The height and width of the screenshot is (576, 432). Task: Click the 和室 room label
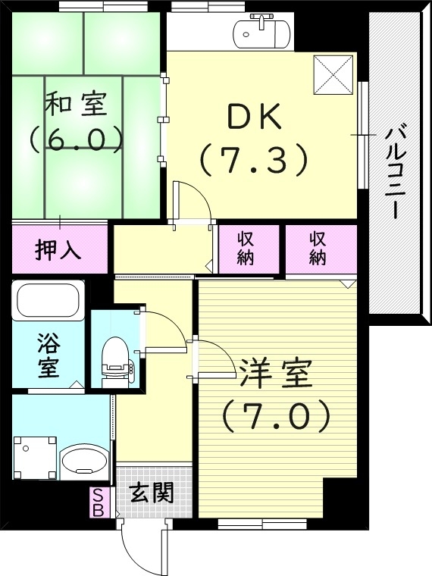(x=76, y=105)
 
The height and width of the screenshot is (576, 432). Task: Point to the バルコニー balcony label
(x=394, y=172)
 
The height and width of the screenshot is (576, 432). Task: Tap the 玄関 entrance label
(x=151, y=494)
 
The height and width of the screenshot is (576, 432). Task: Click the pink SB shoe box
(x=98, y=502)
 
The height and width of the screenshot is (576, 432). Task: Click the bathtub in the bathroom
(x=49, y=301)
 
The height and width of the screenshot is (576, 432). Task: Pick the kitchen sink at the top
(x=261, y=33)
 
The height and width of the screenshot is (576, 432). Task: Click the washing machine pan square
(x=35, y=459)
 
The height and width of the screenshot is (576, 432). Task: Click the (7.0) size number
(x=275, y=415)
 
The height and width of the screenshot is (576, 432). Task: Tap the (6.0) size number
(x=76, y=138)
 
